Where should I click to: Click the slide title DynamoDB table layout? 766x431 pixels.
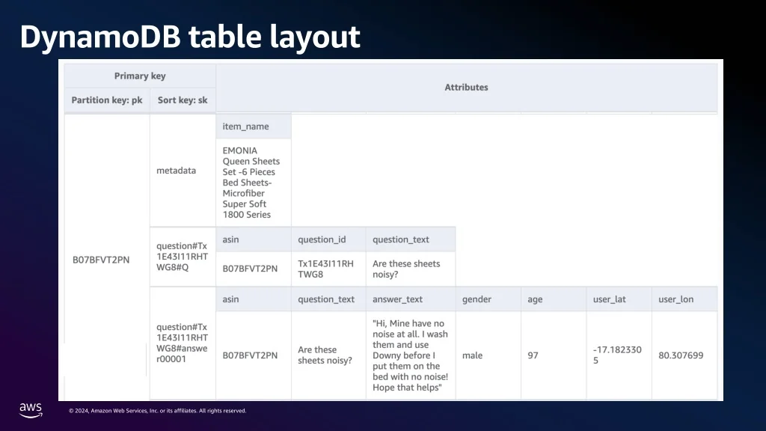coord(190,37)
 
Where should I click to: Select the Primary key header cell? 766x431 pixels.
coord(140,76)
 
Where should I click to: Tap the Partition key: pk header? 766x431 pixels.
coord(107,100)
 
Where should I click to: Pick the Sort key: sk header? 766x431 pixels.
coord(183,100)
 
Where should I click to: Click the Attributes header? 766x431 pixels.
coord(467,88)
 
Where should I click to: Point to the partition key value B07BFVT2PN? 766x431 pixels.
coord(101,260)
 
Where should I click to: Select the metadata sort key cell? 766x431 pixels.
coord(177,171)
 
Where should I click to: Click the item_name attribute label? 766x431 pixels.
coord(245,126)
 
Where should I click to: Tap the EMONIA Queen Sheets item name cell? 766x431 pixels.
coord(251,183)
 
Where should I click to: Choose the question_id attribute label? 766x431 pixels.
coord(322,239)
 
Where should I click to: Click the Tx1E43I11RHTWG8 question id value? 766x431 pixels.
coord(326,269)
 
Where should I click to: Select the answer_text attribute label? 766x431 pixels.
coord(398,299)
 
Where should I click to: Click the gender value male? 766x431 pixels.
coord(473,355)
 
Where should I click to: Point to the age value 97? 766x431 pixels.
coord(533,355)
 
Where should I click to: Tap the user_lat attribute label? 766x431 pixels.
coord(610,299)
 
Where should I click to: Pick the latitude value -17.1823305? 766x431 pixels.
coord(617,355)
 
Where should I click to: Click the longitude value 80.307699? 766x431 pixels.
coord(681,355)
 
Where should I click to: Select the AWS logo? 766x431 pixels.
coord(31,410)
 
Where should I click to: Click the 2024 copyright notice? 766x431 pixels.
coord(157,411)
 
